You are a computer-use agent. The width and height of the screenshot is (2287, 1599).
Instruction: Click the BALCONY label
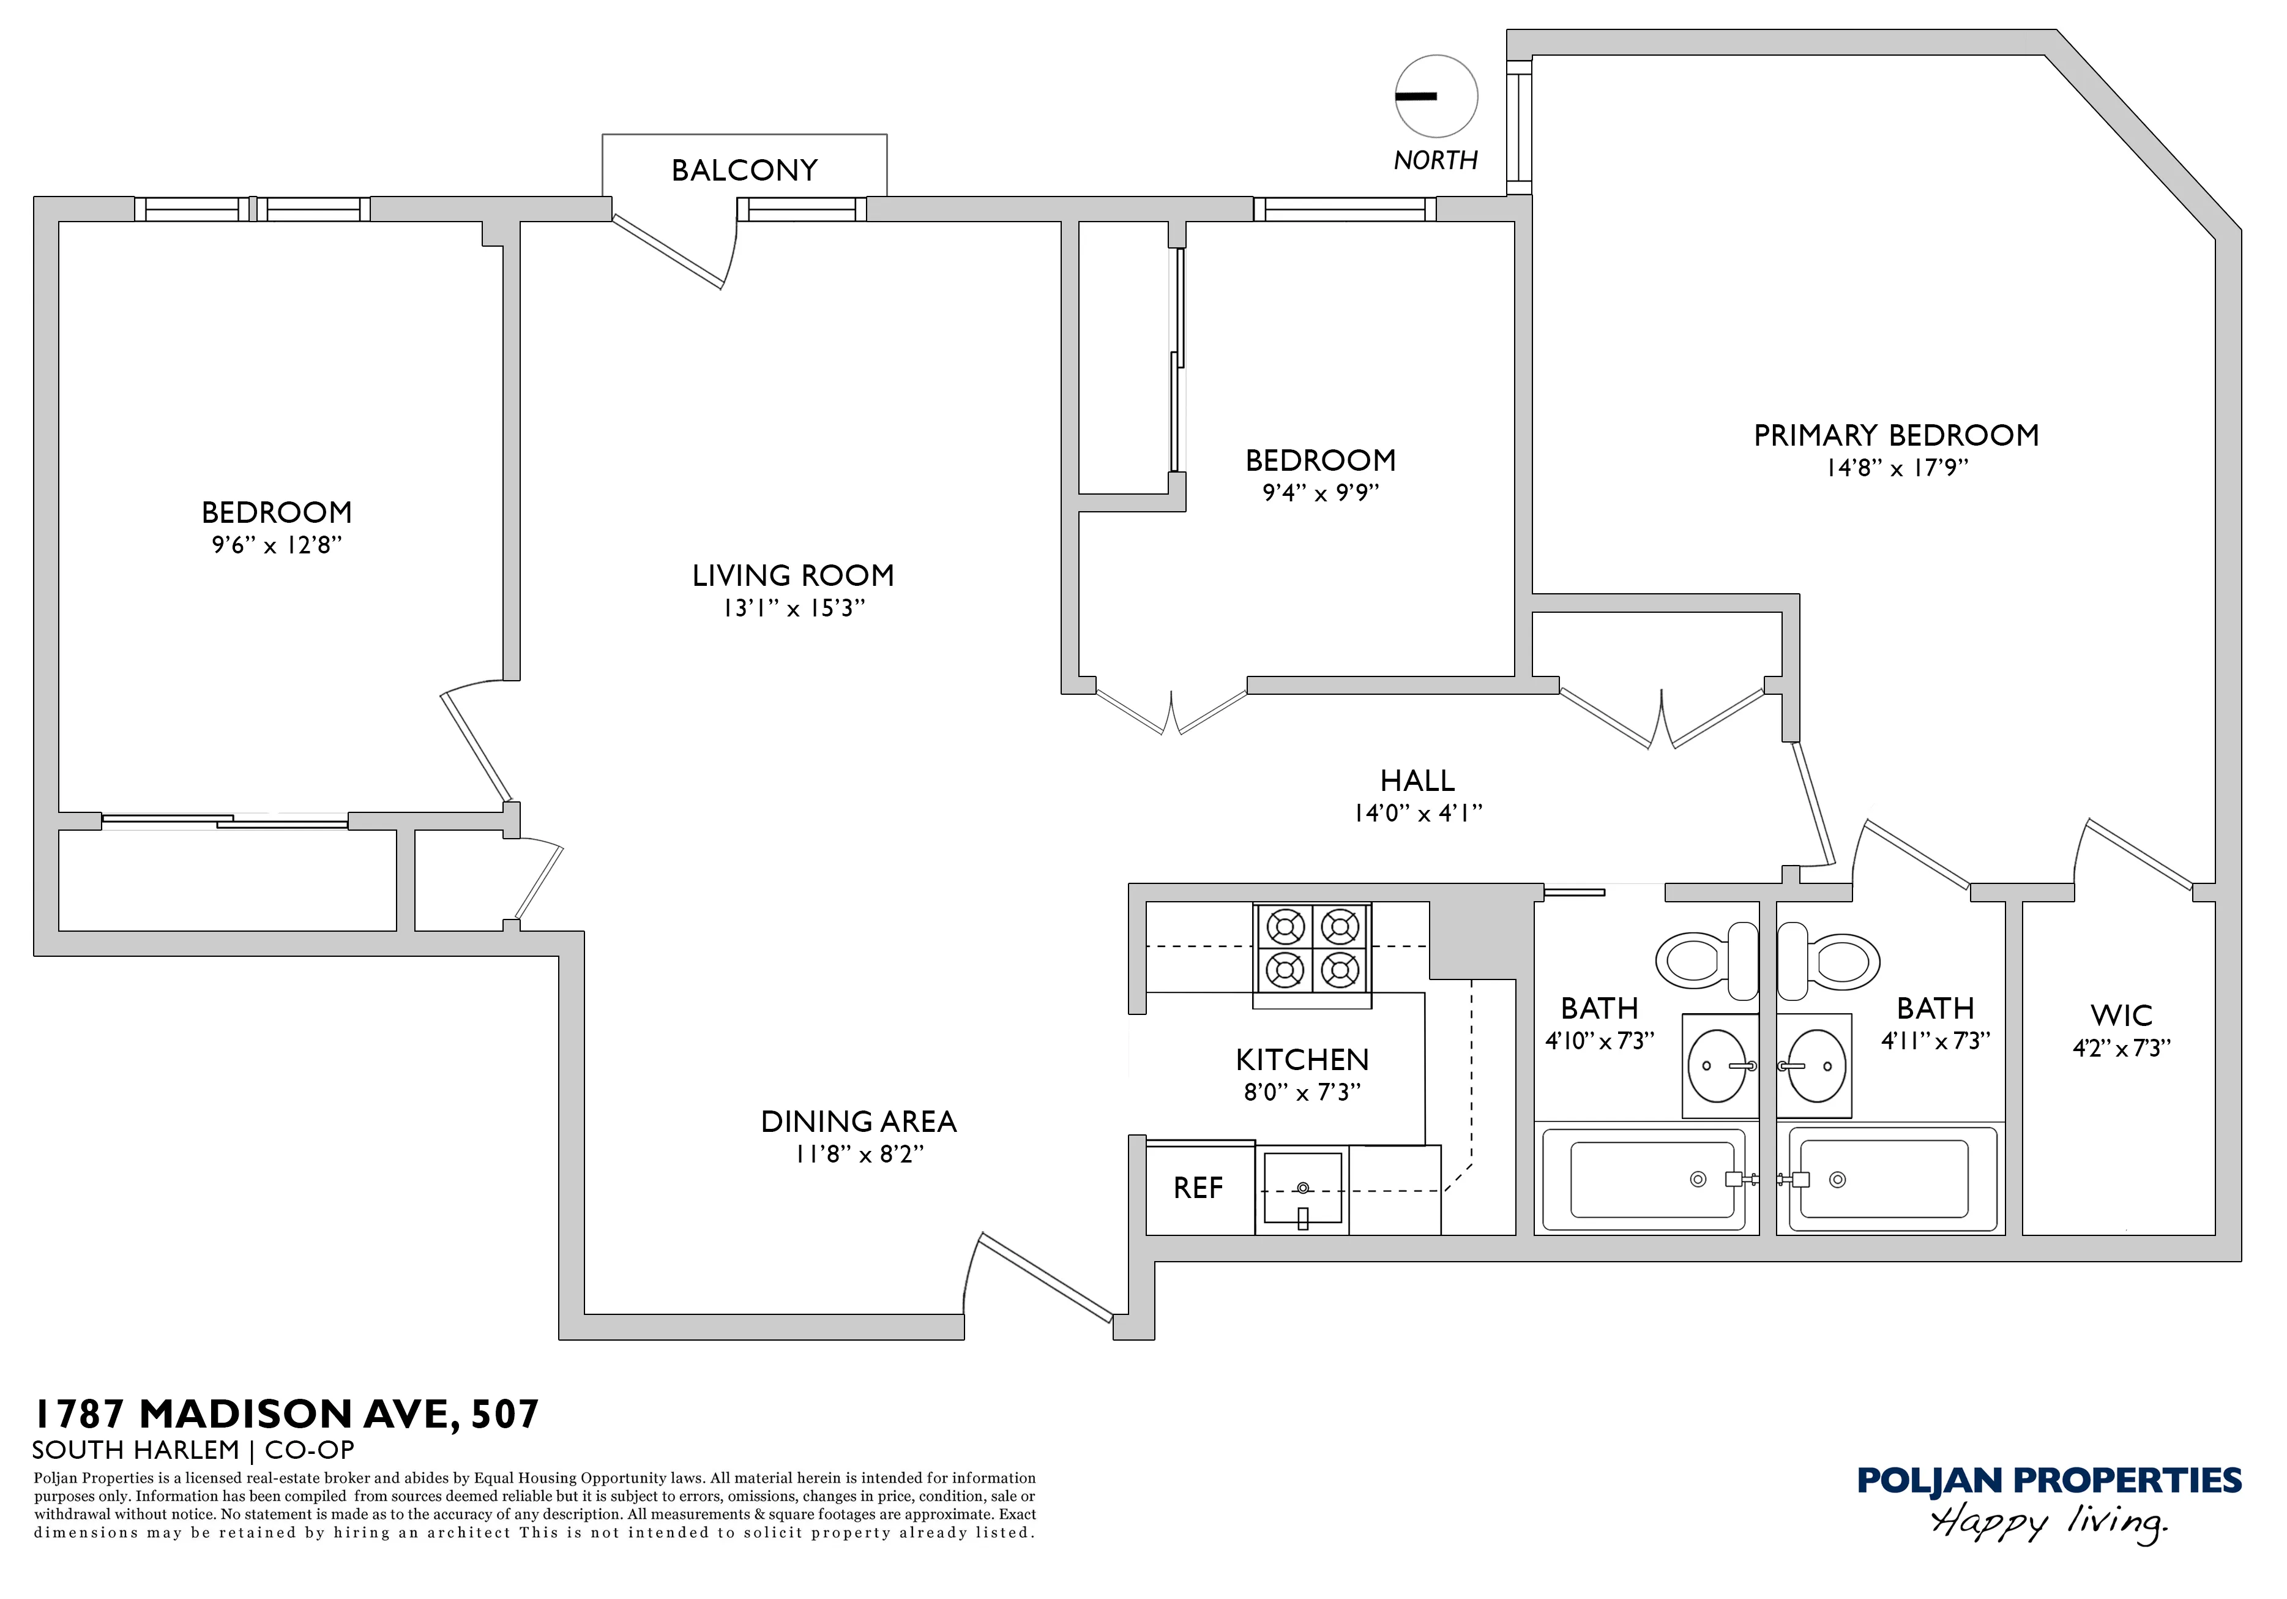click(744, 170)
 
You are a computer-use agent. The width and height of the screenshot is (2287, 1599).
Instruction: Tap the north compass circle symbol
click(1435, 97)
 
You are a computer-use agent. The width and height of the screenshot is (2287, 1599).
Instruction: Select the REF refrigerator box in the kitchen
click(1198, 1189)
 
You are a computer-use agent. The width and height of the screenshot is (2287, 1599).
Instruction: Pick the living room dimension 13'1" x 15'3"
click(794, 609)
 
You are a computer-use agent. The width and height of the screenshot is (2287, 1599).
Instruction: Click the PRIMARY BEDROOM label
click(1895, 435)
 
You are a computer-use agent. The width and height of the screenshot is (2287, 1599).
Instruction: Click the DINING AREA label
click(859, 1122)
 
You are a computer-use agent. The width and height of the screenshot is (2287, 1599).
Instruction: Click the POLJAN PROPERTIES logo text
click(2049, 1481)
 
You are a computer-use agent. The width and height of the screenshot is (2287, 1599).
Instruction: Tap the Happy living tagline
click(2049, 1523)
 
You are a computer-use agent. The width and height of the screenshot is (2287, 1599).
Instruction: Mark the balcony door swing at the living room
click(677, 249)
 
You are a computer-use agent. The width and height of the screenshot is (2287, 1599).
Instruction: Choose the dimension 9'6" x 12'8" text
click(277, 545)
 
